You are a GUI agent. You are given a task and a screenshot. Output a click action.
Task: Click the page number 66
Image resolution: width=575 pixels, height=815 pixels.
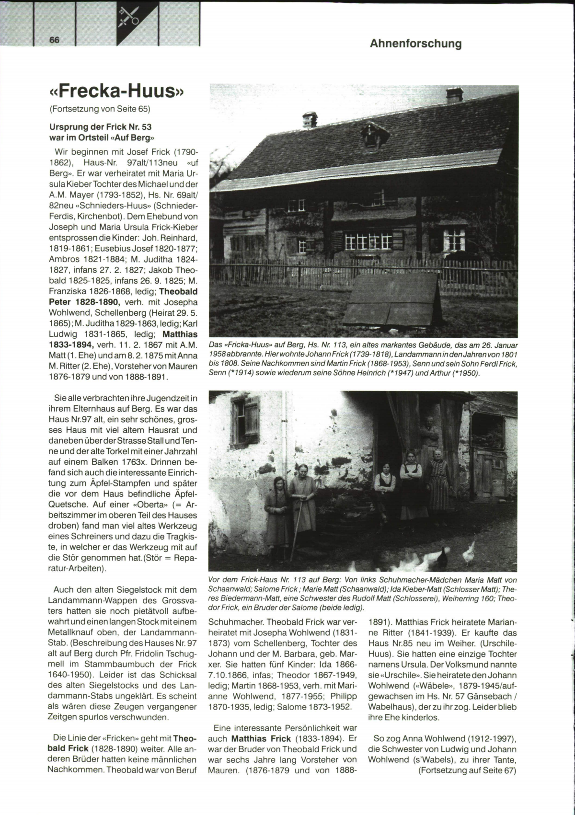pyautogui.click(x=54, y=40)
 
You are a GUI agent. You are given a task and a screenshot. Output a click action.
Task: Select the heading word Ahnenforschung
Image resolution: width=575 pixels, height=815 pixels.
pyautogui.click(x=415, y=44)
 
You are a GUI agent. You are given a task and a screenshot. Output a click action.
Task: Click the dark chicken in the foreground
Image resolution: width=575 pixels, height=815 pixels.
pyautogui.click(x=443, y=557)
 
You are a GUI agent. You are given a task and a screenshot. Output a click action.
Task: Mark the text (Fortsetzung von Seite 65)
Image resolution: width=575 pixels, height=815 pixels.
pyautogui.click(x=100, y=109)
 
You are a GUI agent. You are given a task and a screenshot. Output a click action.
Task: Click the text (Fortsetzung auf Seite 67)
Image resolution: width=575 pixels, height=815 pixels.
pyautogui.click(x=467, y=770)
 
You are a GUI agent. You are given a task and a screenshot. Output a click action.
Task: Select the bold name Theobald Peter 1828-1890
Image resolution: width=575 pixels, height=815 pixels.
pyautogui.click(x=123, y=297)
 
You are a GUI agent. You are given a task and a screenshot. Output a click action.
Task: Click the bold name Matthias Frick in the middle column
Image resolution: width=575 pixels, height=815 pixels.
pyautogui.click(x=261, y=738)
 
